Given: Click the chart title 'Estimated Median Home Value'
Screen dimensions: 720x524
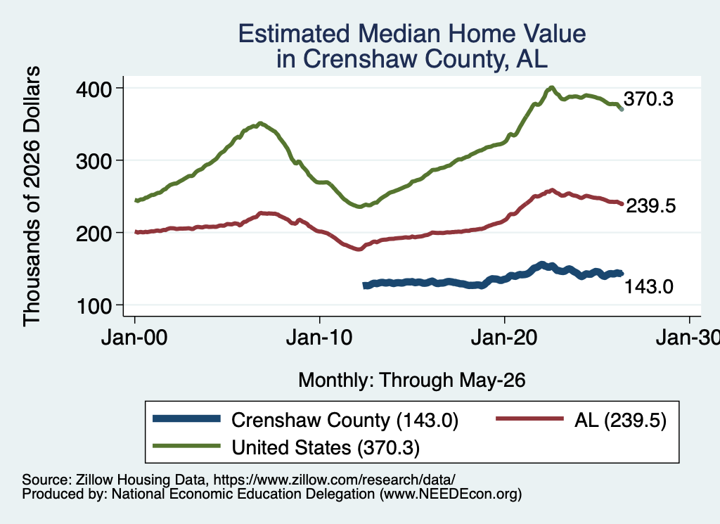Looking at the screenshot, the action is pyautogui.click(x=412, y=34).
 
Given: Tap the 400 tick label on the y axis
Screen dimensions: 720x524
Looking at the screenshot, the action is pyautogui.click(x=94, y=89).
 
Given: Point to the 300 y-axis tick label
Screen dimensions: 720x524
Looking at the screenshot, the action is pyautogui.click(x=94, y=161).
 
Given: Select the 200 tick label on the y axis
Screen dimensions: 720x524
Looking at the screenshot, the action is pyautogui.click(x=94, y=234).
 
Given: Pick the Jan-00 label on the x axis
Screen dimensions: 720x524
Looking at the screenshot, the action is pyautogui.click(x=134, y=338).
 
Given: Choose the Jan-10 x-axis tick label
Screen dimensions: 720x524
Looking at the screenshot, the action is pyautogui.click(x=319, y=338).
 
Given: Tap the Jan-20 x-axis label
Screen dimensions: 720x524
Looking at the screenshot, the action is pyautogui.click(x=504, y=338).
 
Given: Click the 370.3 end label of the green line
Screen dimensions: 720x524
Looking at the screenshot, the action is pyautogui.click(x=648, y=98).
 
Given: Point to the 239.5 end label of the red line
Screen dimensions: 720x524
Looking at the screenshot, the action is pyautogui.click(x=650, y=206).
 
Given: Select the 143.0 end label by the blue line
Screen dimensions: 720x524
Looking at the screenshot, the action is pyautogui.click(x=649, y=286).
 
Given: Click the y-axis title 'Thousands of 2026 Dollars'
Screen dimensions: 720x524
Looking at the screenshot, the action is pyautogui.click(x=32, y=196).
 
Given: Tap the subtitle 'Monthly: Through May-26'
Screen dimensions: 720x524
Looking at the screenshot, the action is pyautogui.click(x=412, y=381).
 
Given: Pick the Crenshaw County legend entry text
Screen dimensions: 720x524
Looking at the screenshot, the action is pyautogui.click(x=345, y=420).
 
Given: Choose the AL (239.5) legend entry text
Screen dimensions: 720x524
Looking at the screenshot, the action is pyautogui.click(x=620, y=420).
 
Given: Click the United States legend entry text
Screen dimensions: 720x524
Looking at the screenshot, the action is pyautogui.click(x=326, y=448).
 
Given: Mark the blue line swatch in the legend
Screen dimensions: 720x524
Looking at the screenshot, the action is pyautogui.click(x=186, y=418).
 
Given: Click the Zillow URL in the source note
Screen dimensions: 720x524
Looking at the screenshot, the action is pyautogui.click(x=334, y=480).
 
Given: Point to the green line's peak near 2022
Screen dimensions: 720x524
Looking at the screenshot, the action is pyautogui.click(x=551, y=88).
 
